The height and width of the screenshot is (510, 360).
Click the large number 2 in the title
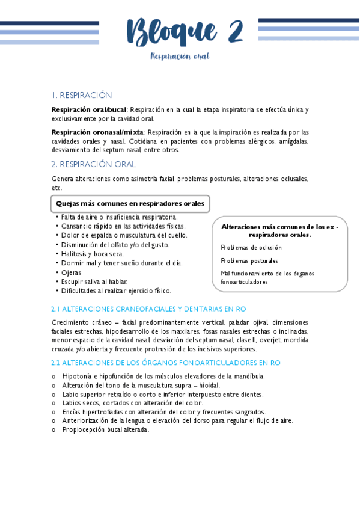[x=231, y=31]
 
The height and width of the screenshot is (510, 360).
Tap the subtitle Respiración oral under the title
[x=180, y=57]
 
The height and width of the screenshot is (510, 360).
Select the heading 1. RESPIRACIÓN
[x=82, y=95]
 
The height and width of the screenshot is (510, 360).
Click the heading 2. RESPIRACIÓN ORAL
[x=94, y=164]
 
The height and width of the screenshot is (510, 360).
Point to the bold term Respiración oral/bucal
[x=89, y=110]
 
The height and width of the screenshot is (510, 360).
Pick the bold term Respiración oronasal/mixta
[x=97, y=132]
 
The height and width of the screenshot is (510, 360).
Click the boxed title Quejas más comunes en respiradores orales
[x=129, y=204]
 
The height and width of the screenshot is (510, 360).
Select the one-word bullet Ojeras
[x=72, y=272]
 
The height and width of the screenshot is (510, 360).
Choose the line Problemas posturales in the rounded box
[x=249, y=260]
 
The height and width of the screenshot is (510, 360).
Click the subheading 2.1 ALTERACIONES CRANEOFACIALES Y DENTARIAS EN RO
[x=149, y=309]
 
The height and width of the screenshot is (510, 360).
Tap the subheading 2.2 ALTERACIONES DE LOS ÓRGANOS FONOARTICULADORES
[x=165, y=363]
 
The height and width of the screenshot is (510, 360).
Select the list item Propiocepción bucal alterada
[x=105, y=429]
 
